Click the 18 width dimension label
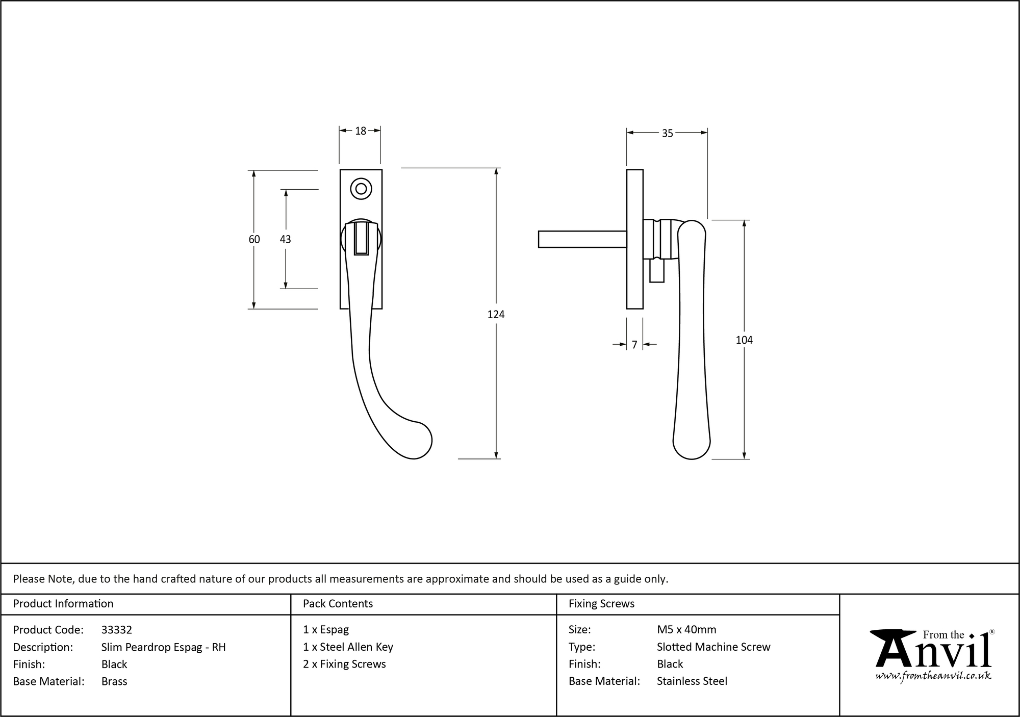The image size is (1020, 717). point(361,132)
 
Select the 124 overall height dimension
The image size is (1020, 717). point(496,315)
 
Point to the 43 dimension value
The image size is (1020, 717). point(285,239)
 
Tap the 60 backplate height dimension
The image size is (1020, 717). point(254,239)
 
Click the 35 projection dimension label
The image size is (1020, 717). point(667,134)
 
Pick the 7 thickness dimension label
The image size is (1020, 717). point(634,345)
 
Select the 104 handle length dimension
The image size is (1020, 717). point(744,340)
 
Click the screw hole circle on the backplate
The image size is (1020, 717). point(361,189)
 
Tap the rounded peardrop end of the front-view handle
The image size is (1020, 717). point(414,441)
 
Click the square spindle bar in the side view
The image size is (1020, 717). point(582,239)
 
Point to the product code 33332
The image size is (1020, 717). point(117,630)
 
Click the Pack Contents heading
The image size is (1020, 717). point(338,604)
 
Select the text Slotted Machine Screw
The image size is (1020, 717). point(713,647)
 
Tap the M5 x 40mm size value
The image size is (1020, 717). point(686,630)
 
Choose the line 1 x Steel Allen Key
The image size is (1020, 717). point(348,647)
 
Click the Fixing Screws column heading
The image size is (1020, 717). point(601,604)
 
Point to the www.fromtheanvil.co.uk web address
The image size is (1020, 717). point(933,676)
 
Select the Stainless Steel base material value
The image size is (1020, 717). point(692,681)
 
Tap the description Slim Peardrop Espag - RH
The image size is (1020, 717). point(163,647)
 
